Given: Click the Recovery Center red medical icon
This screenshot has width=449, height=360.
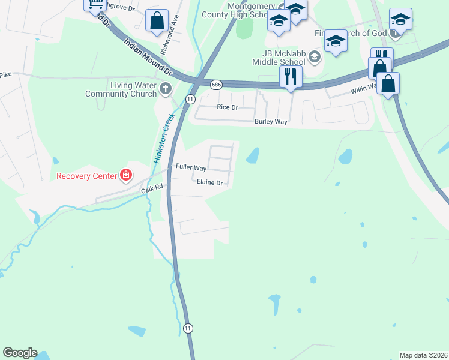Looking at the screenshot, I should tap(126, 176).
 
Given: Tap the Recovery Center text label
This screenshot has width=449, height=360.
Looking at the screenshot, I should tap(87, 176).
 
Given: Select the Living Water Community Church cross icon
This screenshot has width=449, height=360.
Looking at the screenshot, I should tap(166, 89).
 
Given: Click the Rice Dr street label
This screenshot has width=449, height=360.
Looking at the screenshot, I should tap(228, 107).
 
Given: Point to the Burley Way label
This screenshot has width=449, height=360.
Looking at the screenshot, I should tap(271, 122).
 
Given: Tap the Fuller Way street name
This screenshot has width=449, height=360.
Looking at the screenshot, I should tap(191, 168).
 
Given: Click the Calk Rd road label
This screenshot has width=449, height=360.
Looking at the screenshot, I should tap(152, 189).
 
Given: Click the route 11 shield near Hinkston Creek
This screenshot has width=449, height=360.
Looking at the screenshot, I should tap(190, 98).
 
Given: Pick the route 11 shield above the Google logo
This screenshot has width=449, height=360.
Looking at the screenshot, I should tap(188, 328).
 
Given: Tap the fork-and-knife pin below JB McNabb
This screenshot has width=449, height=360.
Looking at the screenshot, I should tap(291, 76).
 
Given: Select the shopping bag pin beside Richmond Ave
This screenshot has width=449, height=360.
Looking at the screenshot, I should tap(157, 20).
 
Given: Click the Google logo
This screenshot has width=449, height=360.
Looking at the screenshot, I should tap(20, 353).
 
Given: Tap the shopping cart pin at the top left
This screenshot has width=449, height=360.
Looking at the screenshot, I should tap(95, 5).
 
